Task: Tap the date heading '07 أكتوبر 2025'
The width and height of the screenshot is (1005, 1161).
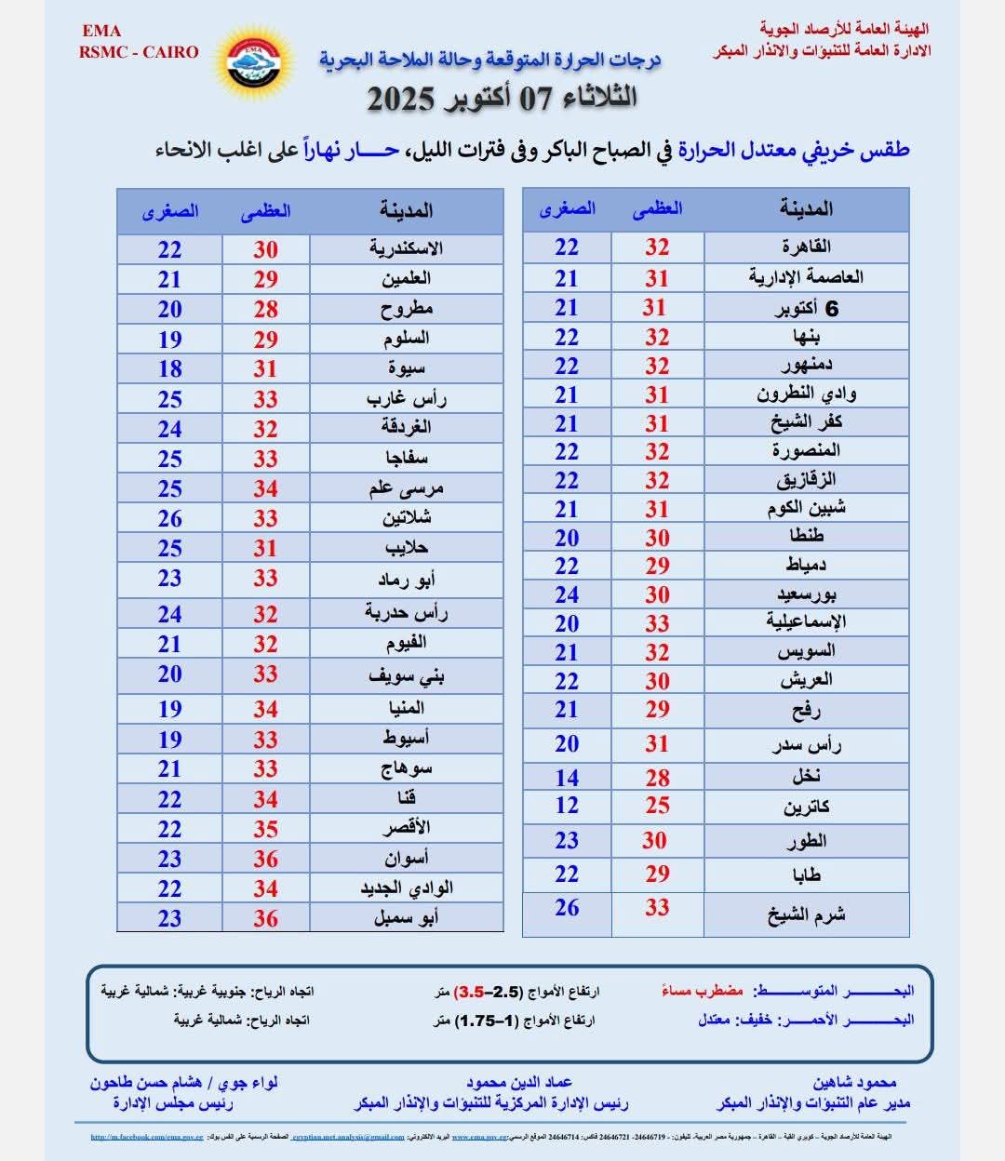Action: tap(502, 98)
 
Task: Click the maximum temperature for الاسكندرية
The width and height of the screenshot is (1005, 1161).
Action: tap(265, 249)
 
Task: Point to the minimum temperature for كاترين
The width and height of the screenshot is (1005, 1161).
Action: tap(567, 806)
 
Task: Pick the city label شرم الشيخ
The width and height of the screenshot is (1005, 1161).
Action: tap(806, 914)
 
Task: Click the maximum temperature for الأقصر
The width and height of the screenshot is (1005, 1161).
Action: tap(265, 829)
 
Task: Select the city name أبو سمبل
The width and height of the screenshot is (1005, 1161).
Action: tap(406, 918)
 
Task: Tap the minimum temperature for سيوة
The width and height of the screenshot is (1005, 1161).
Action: tap(169, 368)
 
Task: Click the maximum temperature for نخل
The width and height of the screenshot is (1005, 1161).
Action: tap(657, 778)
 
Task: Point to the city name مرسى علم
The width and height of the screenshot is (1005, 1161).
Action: tap(406, 488)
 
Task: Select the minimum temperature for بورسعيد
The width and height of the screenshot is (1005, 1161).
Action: tap(567, 594)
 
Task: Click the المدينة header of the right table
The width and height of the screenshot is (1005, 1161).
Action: tap(806, 209)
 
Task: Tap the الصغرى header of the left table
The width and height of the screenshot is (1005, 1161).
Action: tap(170, 211)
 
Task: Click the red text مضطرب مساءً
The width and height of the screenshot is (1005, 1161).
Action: tap(703, 991)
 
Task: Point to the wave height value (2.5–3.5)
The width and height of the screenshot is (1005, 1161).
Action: tap(492, 991)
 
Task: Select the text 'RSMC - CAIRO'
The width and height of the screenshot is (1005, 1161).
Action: tap(139, 52)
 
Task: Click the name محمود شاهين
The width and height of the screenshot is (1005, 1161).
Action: tap(854, 1083)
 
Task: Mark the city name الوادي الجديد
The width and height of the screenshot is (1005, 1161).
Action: tap(406, 888)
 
